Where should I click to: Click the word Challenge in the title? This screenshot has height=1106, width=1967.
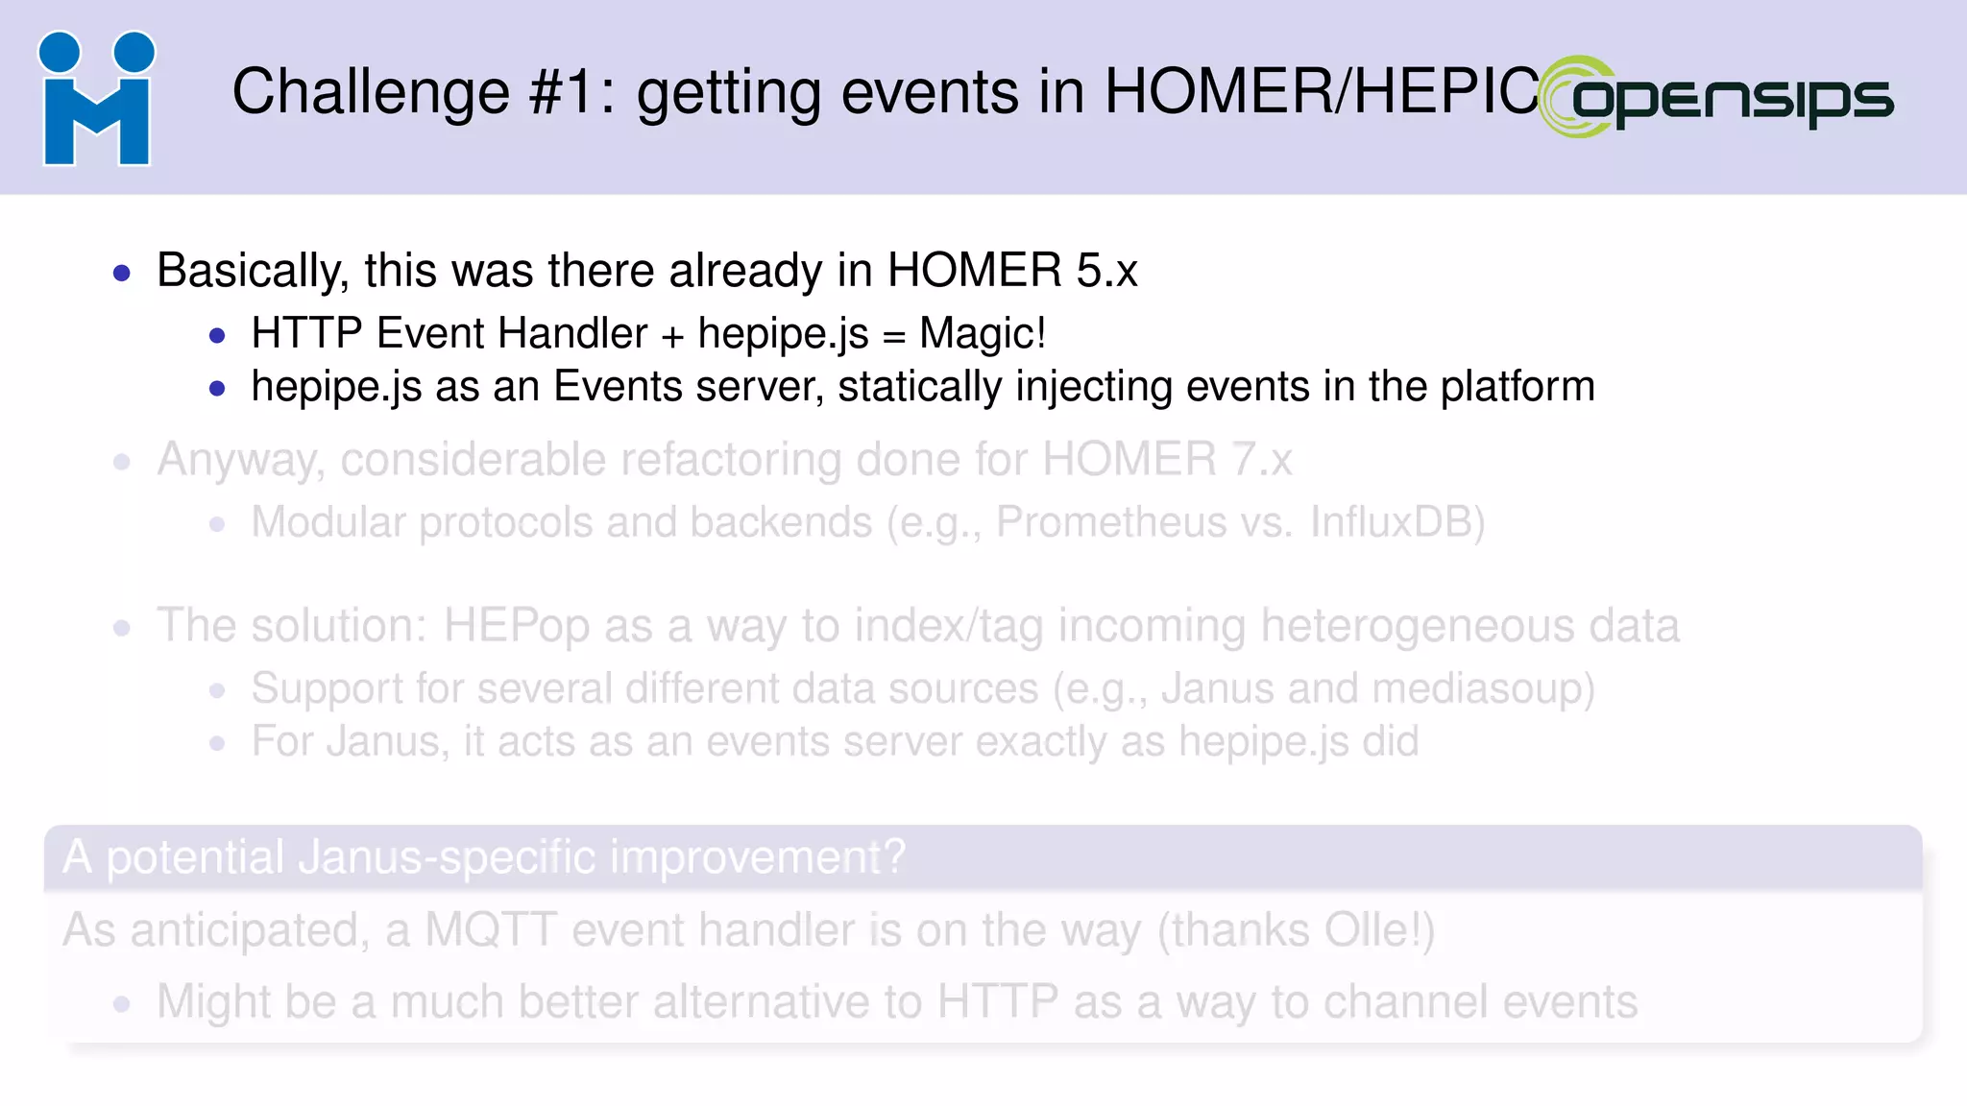[x=370, y=92]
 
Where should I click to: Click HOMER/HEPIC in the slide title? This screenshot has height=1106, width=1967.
[x=1322, y=92]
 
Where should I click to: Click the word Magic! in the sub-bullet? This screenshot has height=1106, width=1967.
[x=982, y=334]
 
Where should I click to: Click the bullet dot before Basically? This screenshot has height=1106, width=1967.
[x=122, y=274]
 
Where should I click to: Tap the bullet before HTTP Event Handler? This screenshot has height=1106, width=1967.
[x=218, y=336]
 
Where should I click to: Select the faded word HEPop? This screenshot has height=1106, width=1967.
[x=516, y=626]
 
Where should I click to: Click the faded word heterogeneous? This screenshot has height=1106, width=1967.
[x=1416, y=626]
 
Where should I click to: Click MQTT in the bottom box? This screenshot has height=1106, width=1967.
[x=490, y=930]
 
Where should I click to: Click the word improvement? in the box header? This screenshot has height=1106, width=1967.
[x=757, y=857]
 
